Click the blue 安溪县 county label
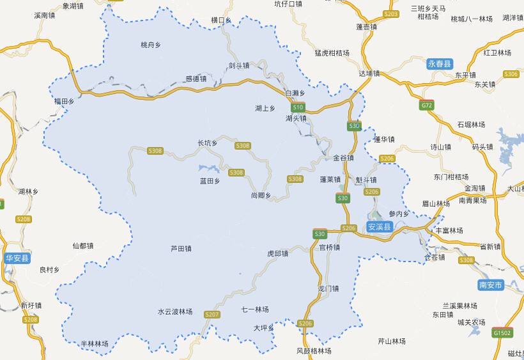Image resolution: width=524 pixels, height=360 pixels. [x=380, y=226]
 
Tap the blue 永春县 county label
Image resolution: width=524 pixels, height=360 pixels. [x=440, y=63]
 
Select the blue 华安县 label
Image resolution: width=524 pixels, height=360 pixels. [x=17, y=258]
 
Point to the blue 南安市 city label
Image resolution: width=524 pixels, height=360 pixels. [x=491, y=284]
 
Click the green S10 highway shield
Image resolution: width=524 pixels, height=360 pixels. [x=298, y=107]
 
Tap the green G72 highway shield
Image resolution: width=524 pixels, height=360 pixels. [x=427, y=104]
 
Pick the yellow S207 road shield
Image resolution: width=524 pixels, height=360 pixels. [x=212, y=315]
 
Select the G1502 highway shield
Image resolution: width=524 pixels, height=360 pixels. [x=502, y=333]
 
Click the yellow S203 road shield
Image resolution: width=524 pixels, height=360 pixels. [x=391, y=13]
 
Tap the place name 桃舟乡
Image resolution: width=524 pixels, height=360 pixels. [x=151, y=45]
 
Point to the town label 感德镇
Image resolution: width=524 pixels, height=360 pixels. [x=196, y=79]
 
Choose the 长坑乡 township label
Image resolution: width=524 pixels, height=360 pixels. [x=208, y=143]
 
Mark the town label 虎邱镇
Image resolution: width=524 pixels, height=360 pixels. [x=277, y=253]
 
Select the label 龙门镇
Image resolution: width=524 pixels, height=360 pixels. [x=328, y=289]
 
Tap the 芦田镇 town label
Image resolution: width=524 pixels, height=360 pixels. [x=181, y=248]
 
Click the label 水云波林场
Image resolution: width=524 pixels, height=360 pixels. [x=175, y=311]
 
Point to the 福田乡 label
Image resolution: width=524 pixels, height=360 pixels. [x=65, y=101]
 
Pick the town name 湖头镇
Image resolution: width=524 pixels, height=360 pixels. [x=296, y=118]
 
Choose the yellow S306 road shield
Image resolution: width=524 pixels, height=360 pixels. [x=511, y=74]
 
